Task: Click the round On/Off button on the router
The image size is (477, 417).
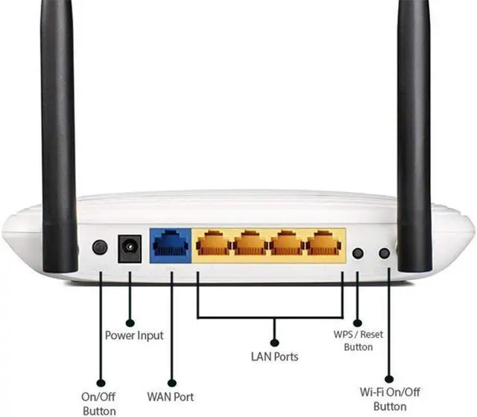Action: [99, 247]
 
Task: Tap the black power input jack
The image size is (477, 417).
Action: [130, 247]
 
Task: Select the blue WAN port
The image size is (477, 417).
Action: [171, 244]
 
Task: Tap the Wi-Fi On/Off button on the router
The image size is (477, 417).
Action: [385, 253]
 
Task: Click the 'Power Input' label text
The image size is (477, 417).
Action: [133, 336]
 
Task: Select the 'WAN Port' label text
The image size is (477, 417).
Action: [171, 396]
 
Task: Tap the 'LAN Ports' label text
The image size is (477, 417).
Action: [274, 357]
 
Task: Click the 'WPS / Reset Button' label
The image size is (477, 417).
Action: [358, 340]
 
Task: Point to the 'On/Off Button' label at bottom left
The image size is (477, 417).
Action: [99, 403]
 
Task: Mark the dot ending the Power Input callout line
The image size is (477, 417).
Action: [130, 323]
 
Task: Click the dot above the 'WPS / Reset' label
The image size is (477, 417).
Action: [357, 323]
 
